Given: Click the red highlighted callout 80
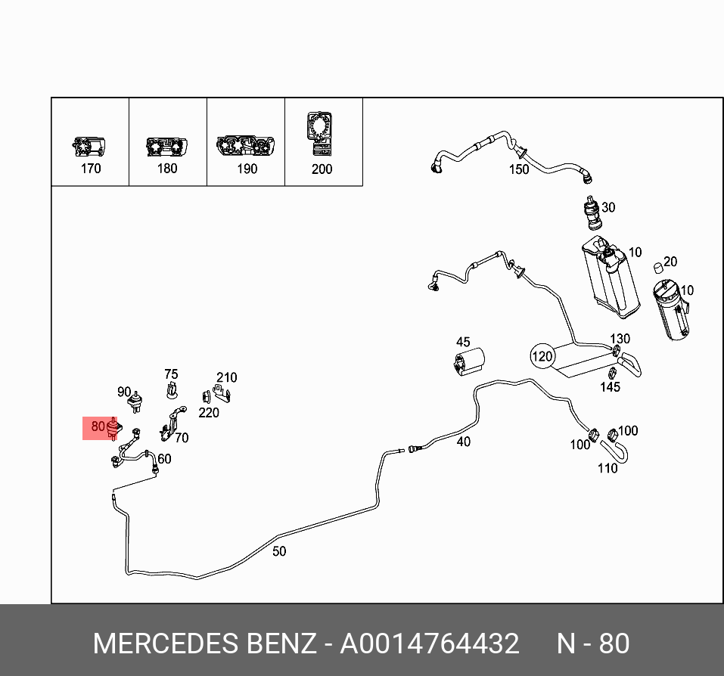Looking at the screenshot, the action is point(98,427).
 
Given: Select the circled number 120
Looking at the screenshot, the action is point(542,356).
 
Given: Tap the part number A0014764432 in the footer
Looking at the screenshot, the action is point(430,643).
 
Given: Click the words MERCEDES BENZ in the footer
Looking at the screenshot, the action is point(204,643).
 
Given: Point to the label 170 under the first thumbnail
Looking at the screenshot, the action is point(91,169).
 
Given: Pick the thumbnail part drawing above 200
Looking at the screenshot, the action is point(321,131).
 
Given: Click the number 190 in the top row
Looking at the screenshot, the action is point(247,169).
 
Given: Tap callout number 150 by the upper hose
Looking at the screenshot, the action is point(519,169).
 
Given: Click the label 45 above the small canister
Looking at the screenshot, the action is point(463,343).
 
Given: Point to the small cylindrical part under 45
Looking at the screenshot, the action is point(469,361).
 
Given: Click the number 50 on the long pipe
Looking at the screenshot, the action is point(279,551).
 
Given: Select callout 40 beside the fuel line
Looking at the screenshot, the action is point(463,441).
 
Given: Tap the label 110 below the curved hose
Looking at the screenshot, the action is point(607,468).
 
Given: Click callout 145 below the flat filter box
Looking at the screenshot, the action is point(610,387).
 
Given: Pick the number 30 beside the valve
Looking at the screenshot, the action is point(607,207).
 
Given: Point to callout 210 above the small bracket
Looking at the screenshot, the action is point(226,377).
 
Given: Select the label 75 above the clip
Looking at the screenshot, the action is point(172,374).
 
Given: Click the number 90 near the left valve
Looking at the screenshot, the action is point(124,392).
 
